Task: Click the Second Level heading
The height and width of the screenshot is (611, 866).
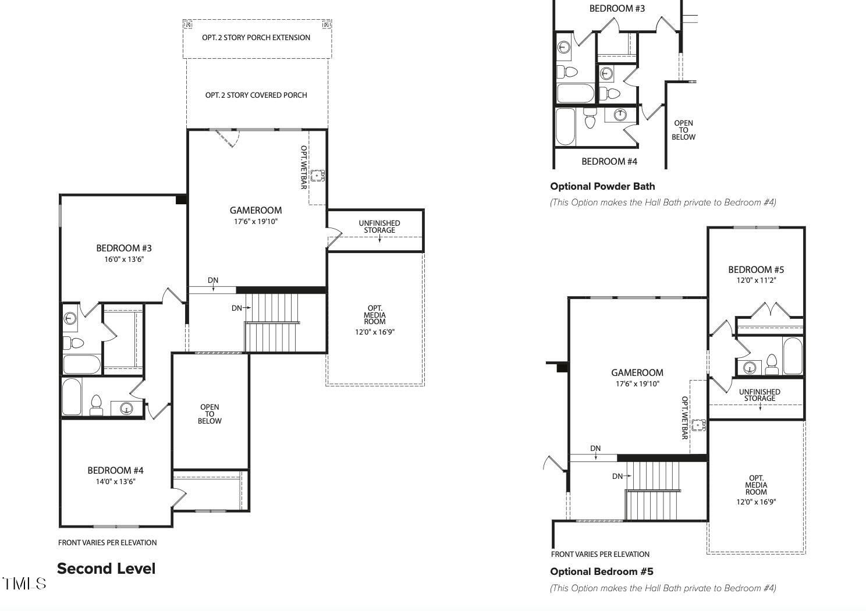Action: coord(107,569)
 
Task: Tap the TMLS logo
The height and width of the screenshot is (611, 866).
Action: coord(24,584)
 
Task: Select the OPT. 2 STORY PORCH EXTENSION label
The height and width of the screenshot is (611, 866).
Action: coord(256,37)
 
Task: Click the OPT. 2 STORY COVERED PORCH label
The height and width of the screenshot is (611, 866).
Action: coord(256,95)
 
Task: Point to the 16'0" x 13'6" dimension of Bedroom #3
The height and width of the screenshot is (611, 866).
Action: coord(124,260)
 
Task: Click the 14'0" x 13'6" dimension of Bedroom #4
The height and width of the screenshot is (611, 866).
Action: coord(116,482)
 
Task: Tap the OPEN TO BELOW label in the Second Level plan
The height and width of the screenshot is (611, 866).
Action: coord(210,414)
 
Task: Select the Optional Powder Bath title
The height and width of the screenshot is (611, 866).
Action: coord(602,186)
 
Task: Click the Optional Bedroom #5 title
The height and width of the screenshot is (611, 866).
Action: coord(602,571)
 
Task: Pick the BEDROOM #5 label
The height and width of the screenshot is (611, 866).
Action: coord(756,270)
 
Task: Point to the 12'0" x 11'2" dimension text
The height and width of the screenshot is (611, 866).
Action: coord(756,280)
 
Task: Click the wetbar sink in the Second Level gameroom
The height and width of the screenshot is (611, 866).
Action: coord(318,176)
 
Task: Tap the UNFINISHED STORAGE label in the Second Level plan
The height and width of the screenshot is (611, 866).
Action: coord(379,226)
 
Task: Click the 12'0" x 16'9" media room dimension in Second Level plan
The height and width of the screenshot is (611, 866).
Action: coord(375,332)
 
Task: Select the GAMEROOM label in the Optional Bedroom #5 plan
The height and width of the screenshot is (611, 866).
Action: coord(637,372)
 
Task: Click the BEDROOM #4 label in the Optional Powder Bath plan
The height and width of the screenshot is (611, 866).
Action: coord(609,162)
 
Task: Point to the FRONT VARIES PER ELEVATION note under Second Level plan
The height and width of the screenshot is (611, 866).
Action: coord(108,542)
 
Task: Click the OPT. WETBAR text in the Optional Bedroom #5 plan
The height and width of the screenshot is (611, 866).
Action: coord(684,418)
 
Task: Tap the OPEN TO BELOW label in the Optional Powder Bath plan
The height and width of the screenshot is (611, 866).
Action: coord(683,130)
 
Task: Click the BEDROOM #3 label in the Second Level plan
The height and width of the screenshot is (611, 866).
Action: coord(124,248)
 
